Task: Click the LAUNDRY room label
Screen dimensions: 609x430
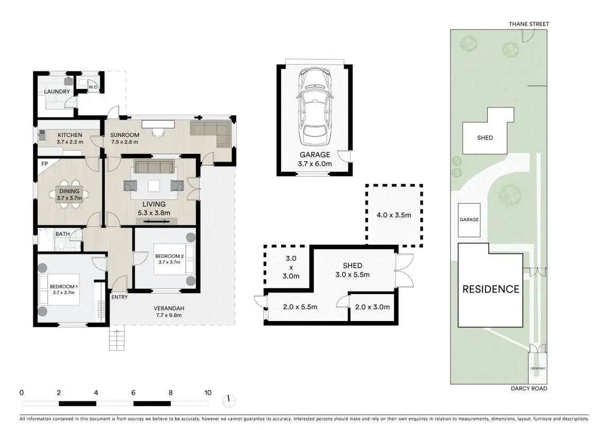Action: point(57,92)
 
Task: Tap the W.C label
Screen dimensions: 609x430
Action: point(93,87)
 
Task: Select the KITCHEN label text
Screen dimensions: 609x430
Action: point(70,135)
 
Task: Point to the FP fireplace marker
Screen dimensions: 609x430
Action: point(44,164)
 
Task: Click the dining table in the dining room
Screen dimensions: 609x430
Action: point(69,194)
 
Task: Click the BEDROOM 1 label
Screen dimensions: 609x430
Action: point(64,287)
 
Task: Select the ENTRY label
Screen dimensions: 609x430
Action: point(119,297)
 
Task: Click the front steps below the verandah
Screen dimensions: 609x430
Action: point(117,340)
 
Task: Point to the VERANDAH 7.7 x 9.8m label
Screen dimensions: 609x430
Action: point(169,312)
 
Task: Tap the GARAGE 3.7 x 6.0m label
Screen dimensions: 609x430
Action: point(315,159)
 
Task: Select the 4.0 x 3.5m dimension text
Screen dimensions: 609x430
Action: point(394,215)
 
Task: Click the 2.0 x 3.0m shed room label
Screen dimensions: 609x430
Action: point(372,307)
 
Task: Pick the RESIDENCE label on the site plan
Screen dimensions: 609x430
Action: point(490,289)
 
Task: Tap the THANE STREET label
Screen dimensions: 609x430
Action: point(529,24)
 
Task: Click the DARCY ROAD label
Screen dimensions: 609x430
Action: point(529,388)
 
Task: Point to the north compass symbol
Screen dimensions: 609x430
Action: point(229,400)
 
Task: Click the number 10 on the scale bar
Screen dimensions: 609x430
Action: point(208,392)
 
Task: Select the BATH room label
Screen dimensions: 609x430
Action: point(62,234)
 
